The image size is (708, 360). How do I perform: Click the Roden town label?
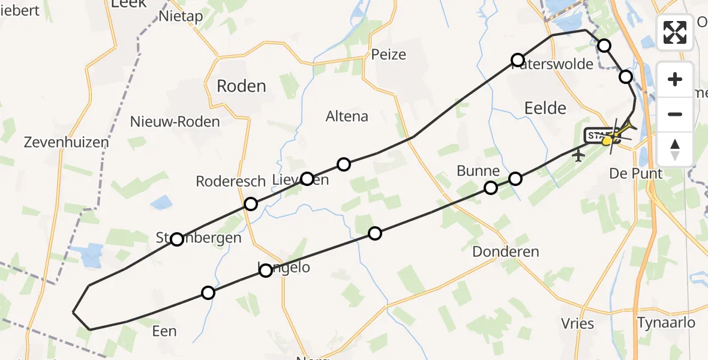(x=241, y=86)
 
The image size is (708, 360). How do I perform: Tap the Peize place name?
(x=389, y=55)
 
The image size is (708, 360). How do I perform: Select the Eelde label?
(x=545, y=108)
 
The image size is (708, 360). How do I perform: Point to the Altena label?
(x=347, y=116)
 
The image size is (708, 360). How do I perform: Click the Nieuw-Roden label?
(x=175, y=122)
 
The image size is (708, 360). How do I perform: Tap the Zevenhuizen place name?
(x=67, y=143)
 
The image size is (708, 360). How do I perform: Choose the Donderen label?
(x=506, y=252)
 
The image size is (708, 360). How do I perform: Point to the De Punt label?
(x=636, y=174)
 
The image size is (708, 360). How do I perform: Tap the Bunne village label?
(x=478, y=171)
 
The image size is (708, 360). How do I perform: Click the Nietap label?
(x=181, y=16)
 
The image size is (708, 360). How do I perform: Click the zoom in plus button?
(x=675, y=79)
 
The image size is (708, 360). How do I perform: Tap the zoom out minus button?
(x=675, y=114)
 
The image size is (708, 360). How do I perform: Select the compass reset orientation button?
(x=675, y=149)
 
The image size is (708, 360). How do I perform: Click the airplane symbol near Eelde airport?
(x=578, y=155)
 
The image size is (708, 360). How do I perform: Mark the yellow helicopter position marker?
(x=607, y=141)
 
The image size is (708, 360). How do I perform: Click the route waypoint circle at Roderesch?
(x=251, y=204)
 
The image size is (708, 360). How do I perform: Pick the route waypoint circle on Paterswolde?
(x=518, y=59)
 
